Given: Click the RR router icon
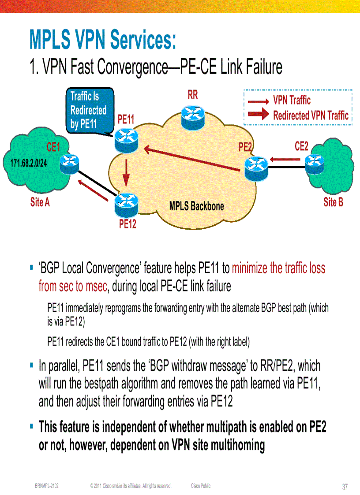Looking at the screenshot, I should point(193,115).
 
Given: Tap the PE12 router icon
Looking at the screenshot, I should point(126,203).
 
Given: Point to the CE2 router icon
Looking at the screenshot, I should point(317,164).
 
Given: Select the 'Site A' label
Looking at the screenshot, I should point(40,203).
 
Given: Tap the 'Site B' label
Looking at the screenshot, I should point(333,202).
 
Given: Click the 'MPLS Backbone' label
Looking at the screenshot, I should point(196,206).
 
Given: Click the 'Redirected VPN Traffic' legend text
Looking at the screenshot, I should point(311,115).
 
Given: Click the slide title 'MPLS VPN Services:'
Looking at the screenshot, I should point(102,40).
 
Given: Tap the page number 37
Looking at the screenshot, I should point(345,487).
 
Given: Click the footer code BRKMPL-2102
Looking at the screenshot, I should point(47,486).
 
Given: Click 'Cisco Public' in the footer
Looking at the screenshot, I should point(201,486).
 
